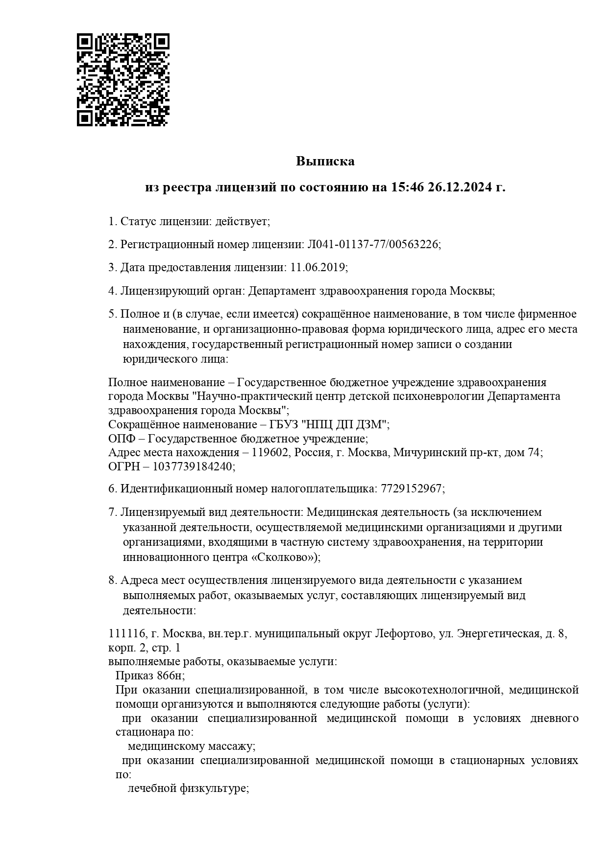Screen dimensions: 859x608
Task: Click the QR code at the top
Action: (123, 80)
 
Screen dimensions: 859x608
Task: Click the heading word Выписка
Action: (325, 161)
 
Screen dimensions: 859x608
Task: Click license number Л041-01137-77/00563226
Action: (373, 245)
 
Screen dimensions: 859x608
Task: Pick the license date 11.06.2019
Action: (318, 268)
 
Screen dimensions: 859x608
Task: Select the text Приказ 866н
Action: (149, 676)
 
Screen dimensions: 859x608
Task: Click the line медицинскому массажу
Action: (191, 747)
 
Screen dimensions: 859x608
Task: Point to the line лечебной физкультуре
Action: (188, 789)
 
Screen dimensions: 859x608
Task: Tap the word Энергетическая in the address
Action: (499, 634)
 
